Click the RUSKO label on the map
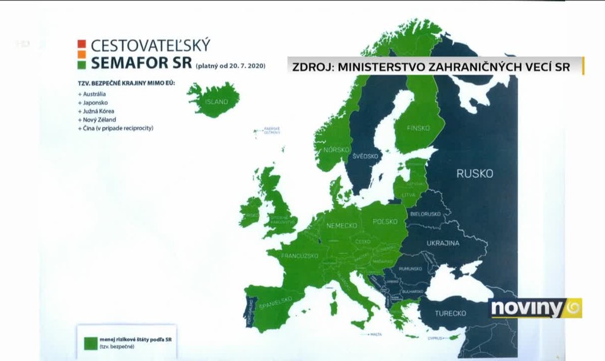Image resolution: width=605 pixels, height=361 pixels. click(474, 174)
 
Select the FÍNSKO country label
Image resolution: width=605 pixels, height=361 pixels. click(418, 128)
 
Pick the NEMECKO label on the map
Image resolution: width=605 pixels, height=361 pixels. click(342, 225)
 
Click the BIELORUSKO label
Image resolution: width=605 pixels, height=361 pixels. click(426, 215)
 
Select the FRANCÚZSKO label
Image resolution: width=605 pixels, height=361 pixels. click(299, 256)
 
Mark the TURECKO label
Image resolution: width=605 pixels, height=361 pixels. click(450, 313)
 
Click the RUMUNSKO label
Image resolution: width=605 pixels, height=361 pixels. click(409, 269)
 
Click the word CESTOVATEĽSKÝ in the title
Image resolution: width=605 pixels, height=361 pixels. click(150, 46)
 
